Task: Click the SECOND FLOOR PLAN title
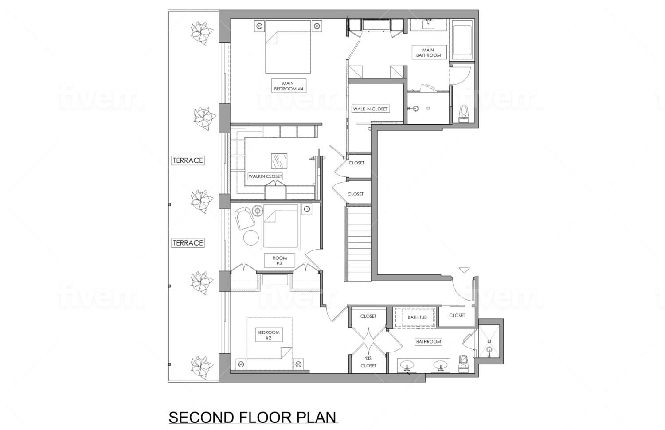pos(253,418)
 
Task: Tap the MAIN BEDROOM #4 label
pos(289,86)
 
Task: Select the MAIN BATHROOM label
pos(428,53)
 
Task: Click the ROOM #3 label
pos(279,261)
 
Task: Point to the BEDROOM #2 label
pos(268,335)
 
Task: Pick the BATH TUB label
pos(417,317)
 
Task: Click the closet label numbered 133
pos(368,362)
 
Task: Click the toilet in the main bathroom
pos(464,113)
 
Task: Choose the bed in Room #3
pos(280,227)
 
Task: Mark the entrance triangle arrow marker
pos(464,270)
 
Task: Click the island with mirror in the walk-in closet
pos(279,160)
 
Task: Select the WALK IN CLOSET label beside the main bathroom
pos(370,109)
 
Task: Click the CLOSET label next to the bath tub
pos(457,315)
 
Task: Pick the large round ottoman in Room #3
pos(251,238)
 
